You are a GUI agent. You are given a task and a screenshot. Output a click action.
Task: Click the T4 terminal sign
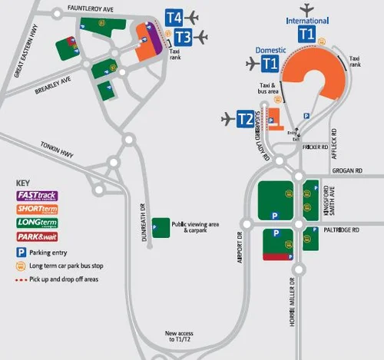(174, 17)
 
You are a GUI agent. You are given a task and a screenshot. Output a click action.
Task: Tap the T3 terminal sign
(183, 36)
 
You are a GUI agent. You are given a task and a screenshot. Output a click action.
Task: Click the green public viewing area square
(161, 228)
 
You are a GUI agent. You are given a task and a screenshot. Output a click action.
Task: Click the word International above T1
(306, 21)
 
